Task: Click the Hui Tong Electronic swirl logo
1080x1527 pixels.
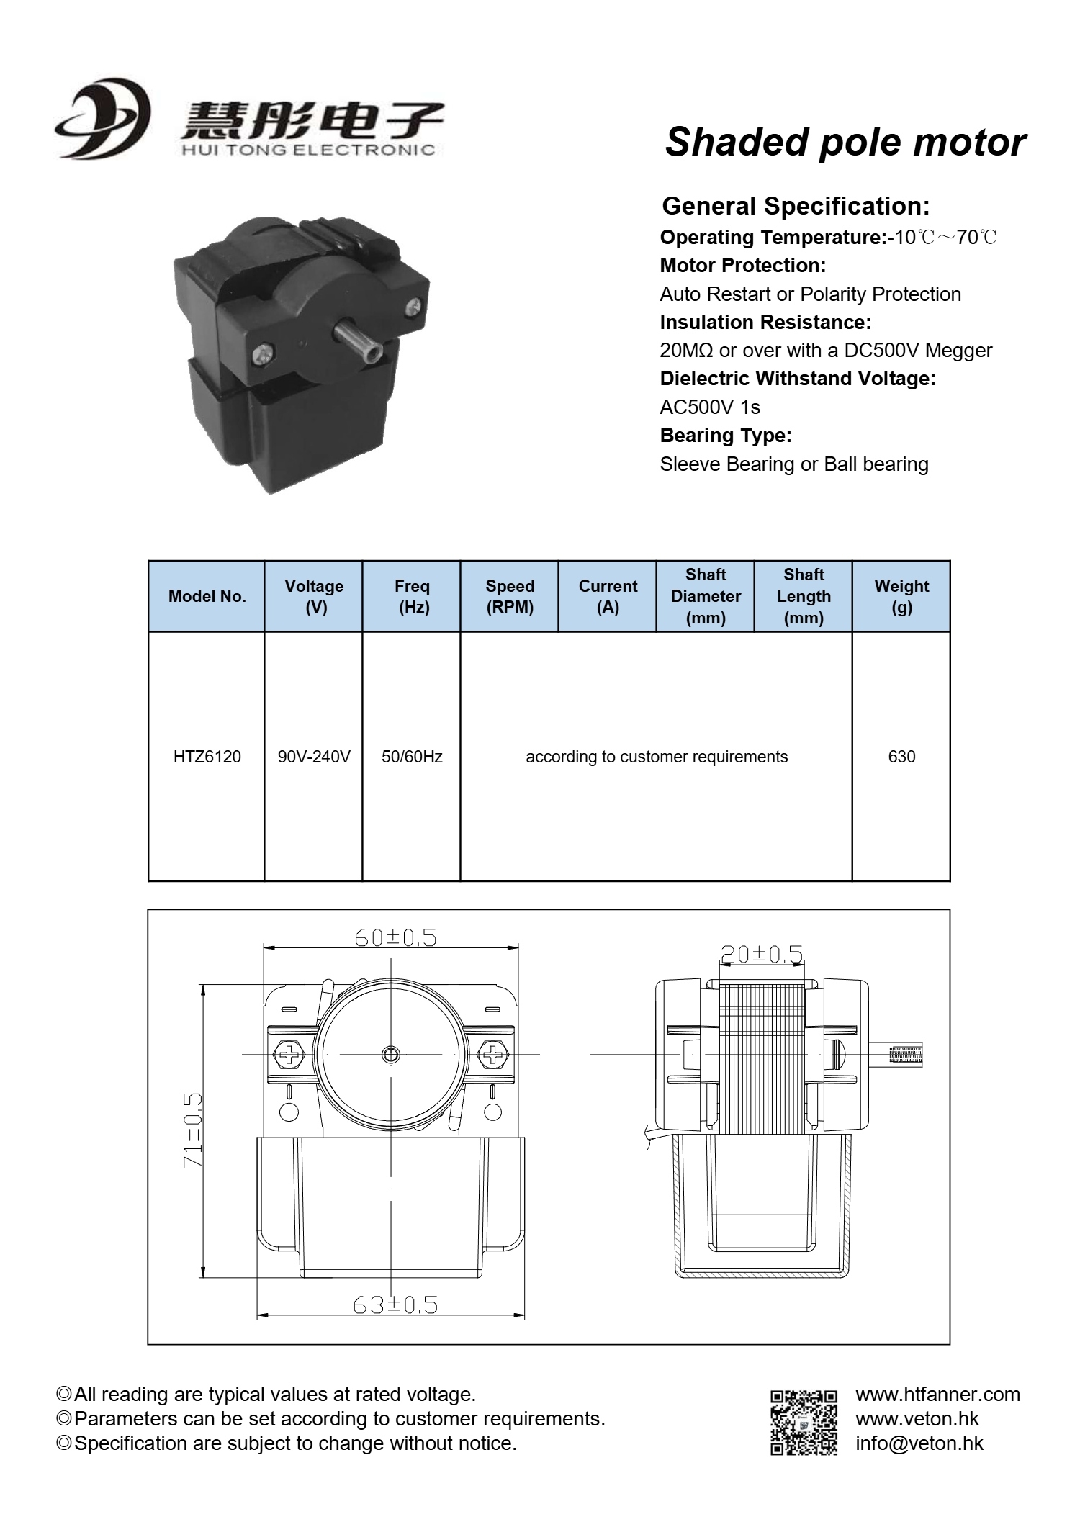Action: tap(102, 118)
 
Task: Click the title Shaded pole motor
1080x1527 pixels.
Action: tap(845, 142)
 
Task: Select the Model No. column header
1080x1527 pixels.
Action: tap(207, 596)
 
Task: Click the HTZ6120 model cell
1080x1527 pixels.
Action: tap(207, 757)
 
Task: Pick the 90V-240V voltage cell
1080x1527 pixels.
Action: tap(314, 757)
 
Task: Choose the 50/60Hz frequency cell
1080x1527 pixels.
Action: tap(412, 757)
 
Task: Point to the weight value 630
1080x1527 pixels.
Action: tap(901, 757)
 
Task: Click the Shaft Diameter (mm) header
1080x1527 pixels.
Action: tap(706, 596)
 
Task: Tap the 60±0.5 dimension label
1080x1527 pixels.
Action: tap(395, 937)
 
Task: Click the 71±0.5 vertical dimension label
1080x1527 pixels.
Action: tap(192, 1130)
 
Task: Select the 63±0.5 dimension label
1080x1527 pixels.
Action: tap(395, 1305)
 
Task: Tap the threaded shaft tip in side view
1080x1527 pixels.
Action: tap(906, 1055)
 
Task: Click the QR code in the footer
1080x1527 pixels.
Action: tap(804, 1422)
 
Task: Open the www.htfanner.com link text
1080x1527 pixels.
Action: tap(937, 1394)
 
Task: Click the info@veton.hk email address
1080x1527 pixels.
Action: tap(919, 1443)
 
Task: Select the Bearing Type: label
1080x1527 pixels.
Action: tap(726, 436)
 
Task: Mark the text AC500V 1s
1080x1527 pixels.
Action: tap(710, 407)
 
